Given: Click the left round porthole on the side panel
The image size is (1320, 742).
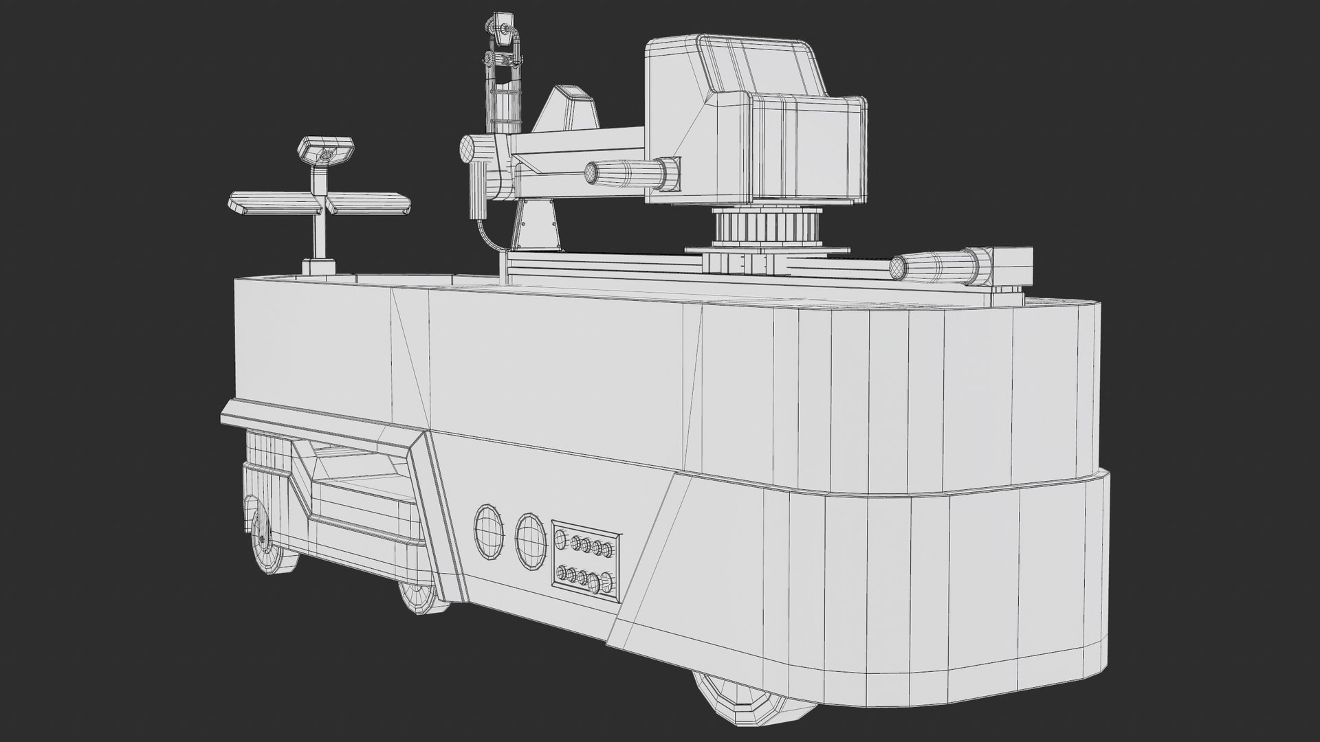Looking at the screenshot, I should tap(488, 530).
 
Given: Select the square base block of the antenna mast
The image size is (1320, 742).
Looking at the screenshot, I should tap(319, 267).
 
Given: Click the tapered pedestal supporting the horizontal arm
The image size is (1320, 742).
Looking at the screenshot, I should tap(536, 227).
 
